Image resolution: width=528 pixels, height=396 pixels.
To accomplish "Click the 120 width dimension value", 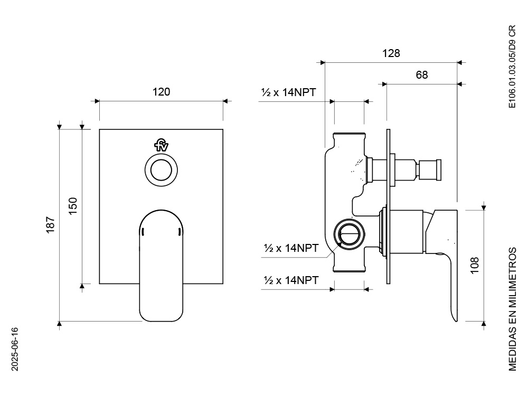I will pos(161,92).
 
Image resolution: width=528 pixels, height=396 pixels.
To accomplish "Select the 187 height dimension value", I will pos(51,225).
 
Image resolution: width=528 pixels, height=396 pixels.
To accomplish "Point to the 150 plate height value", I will pos(73,205).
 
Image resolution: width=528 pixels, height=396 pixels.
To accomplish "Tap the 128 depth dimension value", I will pos(391,53).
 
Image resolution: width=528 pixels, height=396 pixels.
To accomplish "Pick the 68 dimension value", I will pos(421,75).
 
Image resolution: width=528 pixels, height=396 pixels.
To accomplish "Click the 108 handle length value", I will pos(474,265).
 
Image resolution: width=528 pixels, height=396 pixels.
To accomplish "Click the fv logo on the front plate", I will pos(161,145).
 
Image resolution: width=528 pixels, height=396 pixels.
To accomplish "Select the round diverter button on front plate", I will pos(161,171).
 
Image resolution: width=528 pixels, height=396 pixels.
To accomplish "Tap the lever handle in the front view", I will pos(162,264).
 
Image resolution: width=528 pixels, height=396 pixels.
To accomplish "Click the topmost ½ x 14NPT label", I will pos(288,92).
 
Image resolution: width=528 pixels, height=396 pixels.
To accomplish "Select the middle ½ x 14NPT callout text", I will pos(291,247).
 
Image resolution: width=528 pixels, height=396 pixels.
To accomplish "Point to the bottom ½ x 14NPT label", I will pos(291,280).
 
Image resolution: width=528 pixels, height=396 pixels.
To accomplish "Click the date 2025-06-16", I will pos(15,348).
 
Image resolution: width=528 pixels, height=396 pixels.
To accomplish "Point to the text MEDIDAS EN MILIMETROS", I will pos(512,308).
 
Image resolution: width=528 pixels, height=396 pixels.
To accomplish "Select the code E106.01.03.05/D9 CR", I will pos(512,67).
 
